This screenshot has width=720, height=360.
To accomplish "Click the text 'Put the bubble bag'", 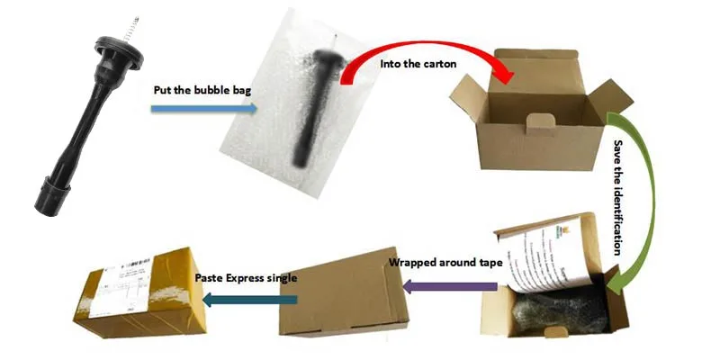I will (197, 90).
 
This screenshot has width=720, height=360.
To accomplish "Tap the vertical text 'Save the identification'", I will (618, 199).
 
